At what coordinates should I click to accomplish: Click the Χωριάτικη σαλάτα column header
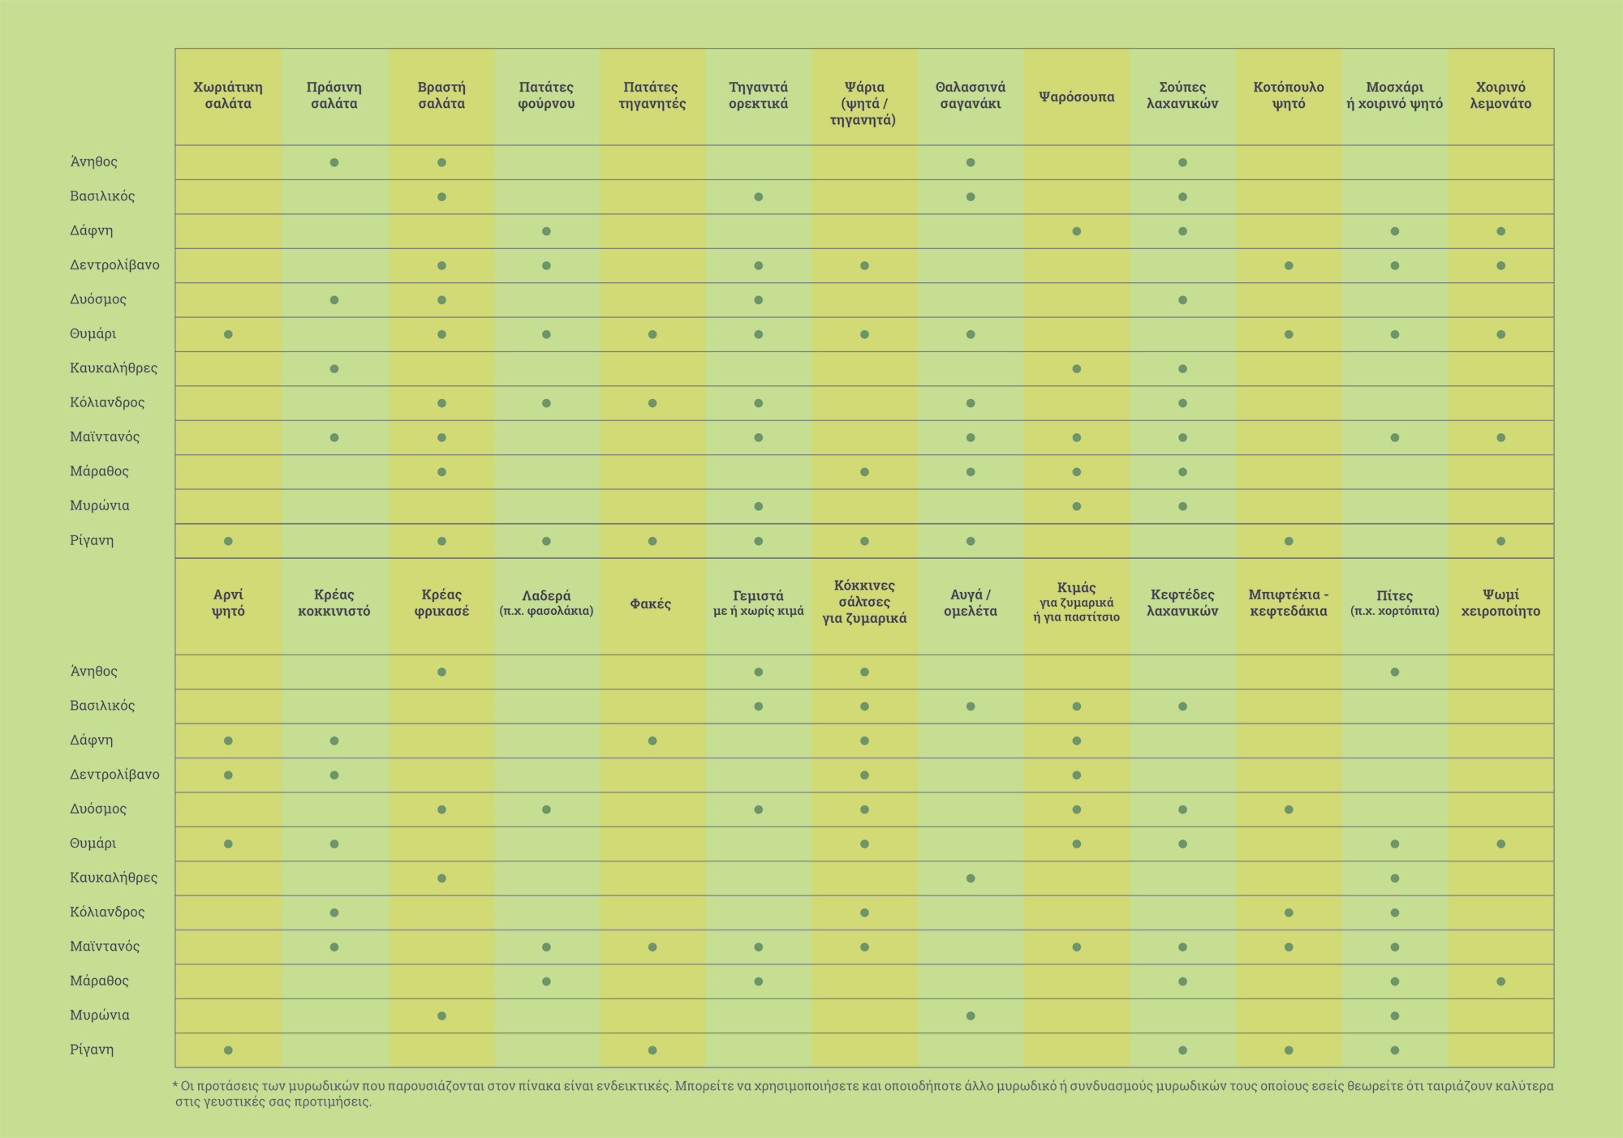pos(228,96)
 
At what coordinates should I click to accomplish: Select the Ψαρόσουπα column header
pos(1076,97)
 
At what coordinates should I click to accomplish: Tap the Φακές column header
pos(651,603)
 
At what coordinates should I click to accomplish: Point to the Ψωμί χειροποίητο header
pos(1500,603)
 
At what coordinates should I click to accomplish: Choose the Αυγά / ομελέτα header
pos(971,603)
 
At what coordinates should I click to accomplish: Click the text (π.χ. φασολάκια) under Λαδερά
pos(546,611)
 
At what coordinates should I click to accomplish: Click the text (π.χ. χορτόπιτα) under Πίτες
pos(1394,611)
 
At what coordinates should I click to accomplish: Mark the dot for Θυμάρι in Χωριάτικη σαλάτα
pos(228,334)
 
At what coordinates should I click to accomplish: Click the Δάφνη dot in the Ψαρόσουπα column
pos(1077,231)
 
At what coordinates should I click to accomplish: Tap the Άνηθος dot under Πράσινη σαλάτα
pos(334,162)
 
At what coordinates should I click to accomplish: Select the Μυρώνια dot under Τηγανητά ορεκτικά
pos(758,506)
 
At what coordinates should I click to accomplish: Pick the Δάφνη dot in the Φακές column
pos(652,741)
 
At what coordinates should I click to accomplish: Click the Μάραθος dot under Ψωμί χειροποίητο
pos(1500,981)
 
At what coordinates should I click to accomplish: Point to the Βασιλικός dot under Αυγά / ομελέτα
pos(971,706)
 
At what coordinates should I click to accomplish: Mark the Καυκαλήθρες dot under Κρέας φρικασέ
pos(441,878)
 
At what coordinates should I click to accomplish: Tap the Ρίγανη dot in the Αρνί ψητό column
pos(228,1050)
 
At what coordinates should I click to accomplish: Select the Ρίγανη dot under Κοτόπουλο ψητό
pos(1289,541)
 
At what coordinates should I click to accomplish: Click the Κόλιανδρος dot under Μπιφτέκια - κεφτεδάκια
pos(1289,913)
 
